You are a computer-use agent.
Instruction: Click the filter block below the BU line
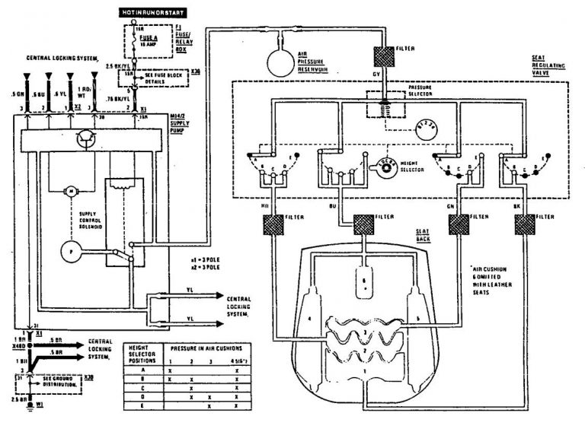tap(363, 224)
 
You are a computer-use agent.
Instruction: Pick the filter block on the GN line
tap(459, 224)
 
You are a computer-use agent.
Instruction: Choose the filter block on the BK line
tap(525, 224)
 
